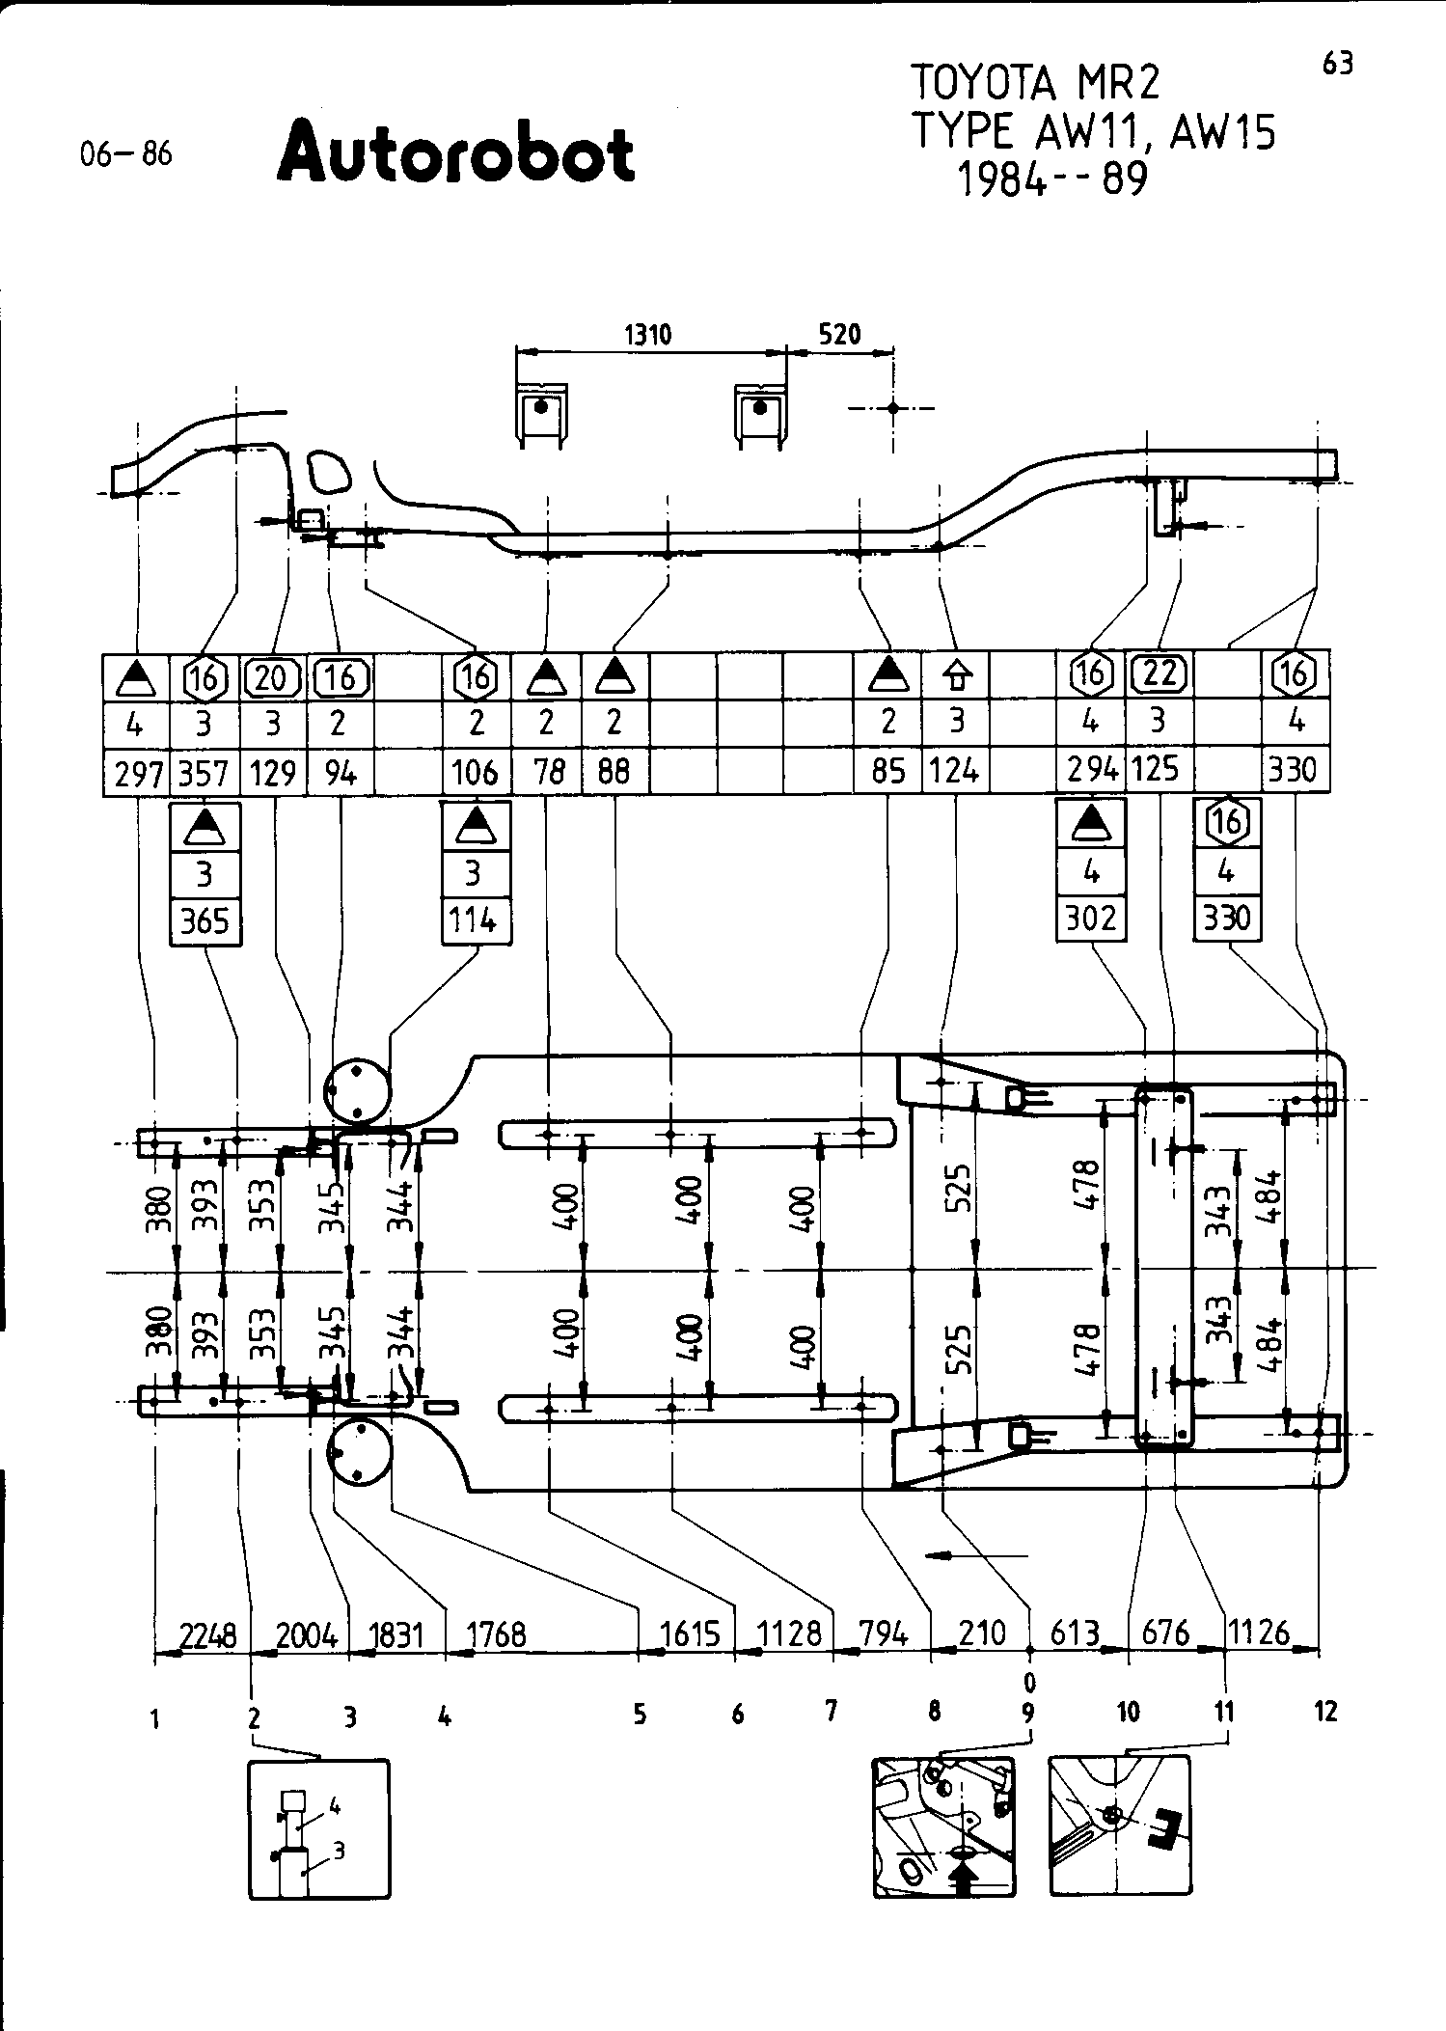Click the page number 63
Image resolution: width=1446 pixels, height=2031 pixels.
(x=1337, y=64)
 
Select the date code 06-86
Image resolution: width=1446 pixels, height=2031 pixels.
(x=126, y=154)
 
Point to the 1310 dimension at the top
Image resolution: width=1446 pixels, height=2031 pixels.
(x=648, y=335)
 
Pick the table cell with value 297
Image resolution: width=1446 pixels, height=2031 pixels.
(x=137, y=772)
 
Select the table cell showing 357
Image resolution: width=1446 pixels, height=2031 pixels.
(x=204, y=772)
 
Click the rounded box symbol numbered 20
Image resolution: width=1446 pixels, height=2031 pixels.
(x=272, y=678)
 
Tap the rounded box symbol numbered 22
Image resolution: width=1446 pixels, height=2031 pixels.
(x=1159, y=673)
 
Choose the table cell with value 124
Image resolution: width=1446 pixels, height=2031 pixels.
(x=955, y=772)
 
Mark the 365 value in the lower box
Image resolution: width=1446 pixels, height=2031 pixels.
(x=205, y=920)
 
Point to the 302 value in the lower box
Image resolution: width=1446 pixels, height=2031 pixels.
(x=1091, y=918)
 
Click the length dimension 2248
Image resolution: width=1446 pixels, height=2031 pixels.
(x=208, y=1633)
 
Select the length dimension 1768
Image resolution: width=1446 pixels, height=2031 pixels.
(x=496, y=1633)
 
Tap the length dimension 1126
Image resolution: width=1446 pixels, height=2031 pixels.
(x=1260, y=1633)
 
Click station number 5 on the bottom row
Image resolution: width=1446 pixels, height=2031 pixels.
(x=640, y=1715)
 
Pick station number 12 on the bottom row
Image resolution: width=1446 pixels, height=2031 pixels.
(x=1326, y=1712)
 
